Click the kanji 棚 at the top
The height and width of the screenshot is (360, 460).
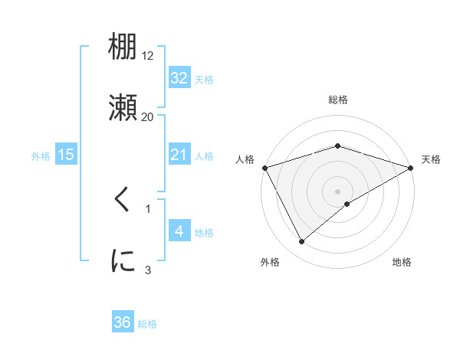click(x=123, y=47)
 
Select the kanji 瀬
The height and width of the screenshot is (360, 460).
click(x=123, y=107)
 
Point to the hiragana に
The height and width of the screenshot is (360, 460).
click(x=123, y=260)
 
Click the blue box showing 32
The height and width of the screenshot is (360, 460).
click(x=179, y=78)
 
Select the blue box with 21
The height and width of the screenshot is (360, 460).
click(x=179, y=155)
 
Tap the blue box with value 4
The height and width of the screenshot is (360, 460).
click(x=179, y=231)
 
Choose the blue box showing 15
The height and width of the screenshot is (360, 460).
click(x=66, y=155)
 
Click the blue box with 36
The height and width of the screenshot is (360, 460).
click(x=123, y=322)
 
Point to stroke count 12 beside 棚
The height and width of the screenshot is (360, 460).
click(x=148, y=56)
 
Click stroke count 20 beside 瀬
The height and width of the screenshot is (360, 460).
click(x=148, y=116)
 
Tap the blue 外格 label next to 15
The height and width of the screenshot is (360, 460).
click(x=41, y=155)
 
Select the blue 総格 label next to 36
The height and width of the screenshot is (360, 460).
click(x=147, y=324)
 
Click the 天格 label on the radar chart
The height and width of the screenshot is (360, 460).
click(x=431, y=159)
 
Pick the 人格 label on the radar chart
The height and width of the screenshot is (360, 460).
click(x=245, y=159)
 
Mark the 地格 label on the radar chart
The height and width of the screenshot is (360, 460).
click(x=402, y=262)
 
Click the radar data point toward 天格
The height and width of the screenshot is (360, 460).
click(x=411, y=167)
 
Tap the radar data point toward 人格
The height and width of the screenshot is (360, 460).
click(x=264, y=167)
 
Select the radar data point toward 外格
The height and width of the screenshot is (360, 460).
click(x=302, y=241)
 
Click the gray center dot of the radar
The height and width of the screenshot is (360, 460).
click(x=337, y=191)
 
